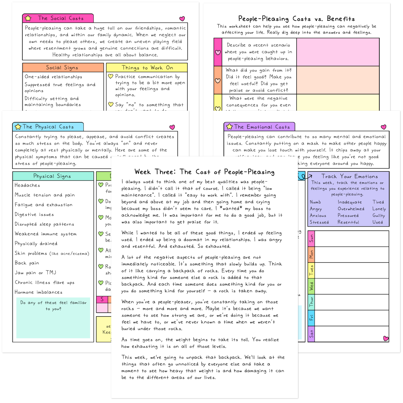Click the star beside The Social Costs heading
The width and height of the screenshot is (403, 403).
[28, 18]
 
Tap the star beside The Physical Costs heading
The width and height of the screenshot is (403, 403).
[18, 127]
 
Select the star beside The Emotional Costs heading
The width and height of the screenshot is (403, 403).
[229, 127]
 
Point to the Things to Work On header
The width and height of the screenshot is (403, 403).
[147, 68]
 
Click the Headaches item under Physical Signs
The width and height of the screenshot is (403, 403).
[27, 185]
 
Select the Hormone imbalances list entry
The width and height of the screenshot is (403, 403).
[38, 292]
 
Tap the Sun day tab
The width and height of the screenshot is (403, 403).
[311, 239]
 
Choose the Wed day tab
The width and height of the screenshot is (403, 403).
[311, 286]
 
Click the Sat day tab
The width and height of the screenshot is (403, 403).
[311, 334]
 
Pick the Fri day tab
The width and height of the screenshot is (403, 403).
[311, 318]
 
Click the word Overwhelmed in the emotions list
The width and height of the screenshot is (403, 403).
[351, 209]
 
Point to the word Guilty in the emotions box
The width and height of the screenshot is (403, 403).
[379, 215]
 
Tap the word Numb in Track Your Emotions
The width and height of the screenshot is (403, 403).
[315, 202]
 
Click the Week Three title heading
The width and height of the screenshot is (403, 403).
[204, 172]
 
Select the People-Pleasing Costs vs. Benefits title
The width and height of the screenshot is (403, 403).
[296, 19]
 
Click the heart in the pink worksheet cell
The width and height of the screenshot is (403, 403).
[218, 52]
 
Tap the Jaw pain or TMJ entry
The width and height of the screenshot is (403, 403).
[35, 273]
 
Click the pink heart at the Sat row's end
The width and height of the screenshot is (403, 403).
[386, 339]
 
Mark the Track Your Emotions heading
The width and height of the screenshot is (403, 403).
[350, 177]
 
